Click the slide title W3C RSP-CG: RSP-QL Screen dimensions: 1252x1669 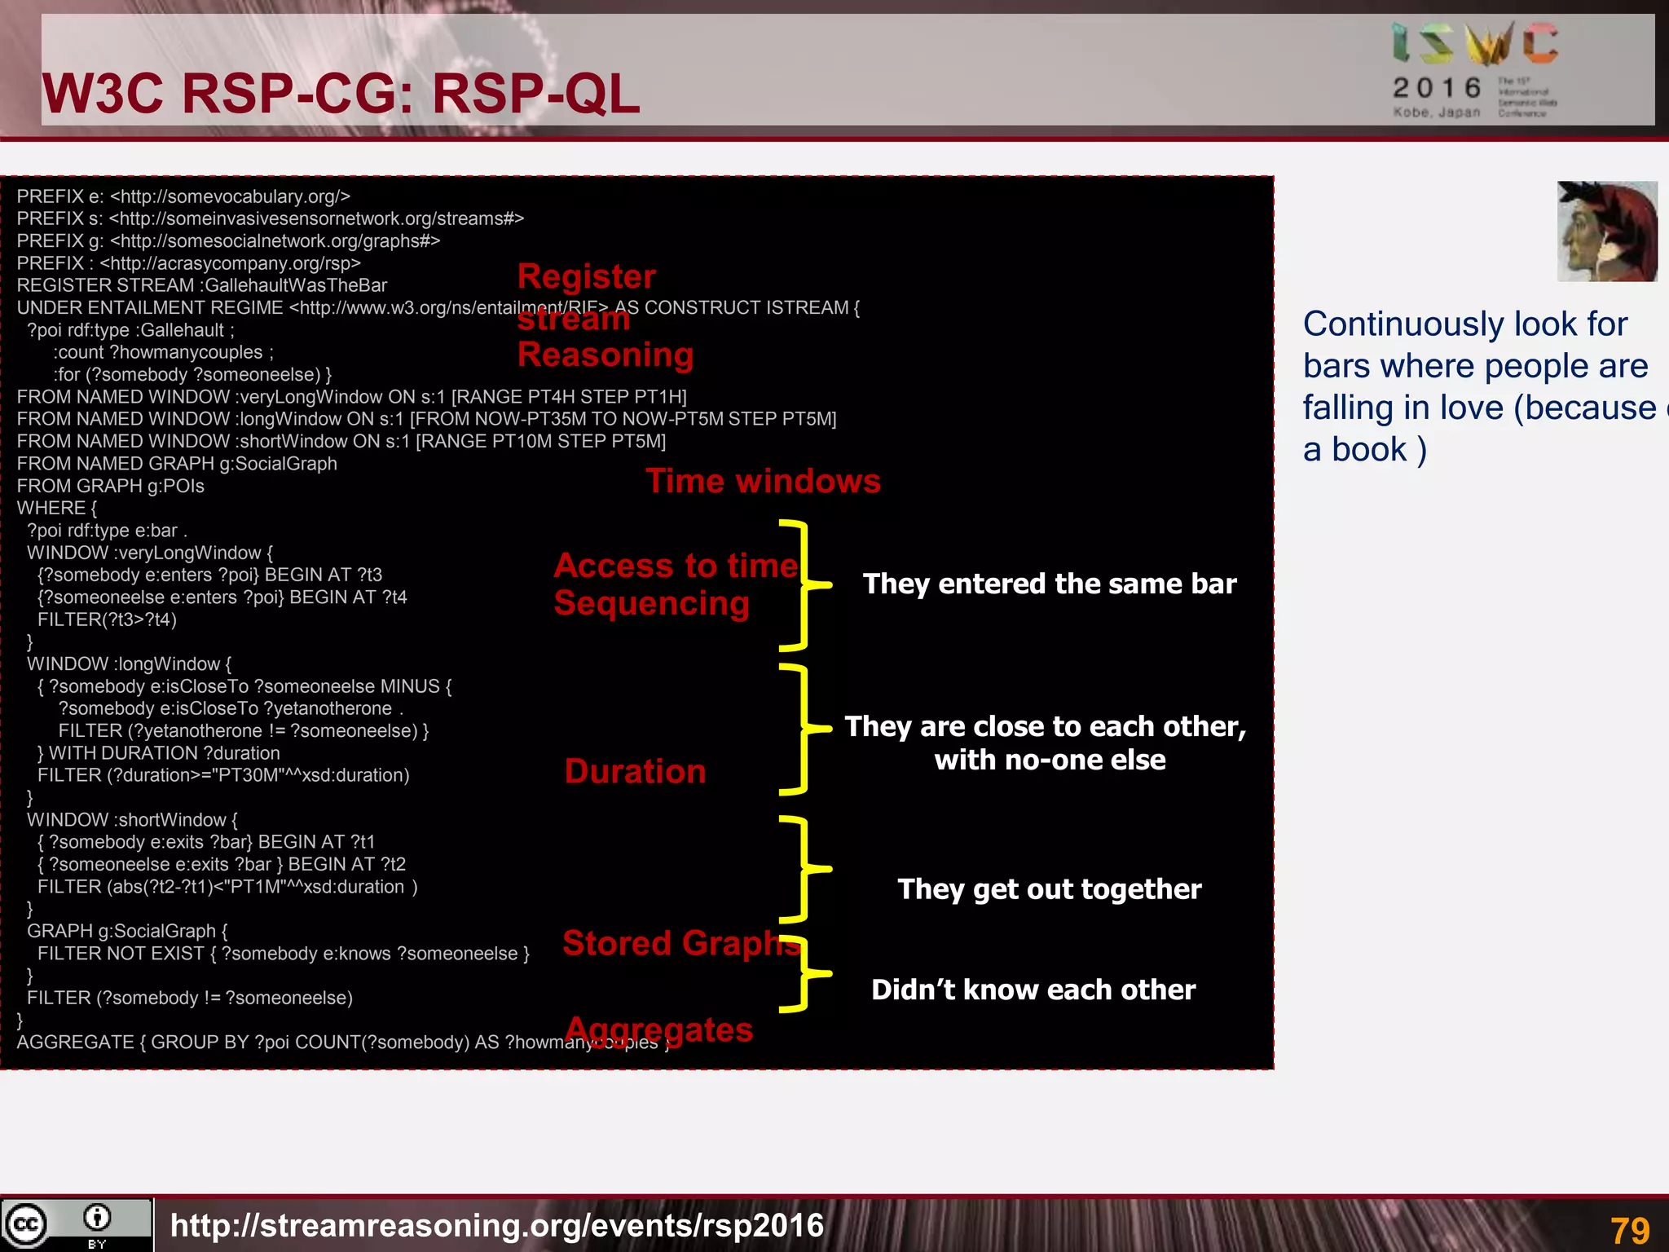click(x=341, y=94)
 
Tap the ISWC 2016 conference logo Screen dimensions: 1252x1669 click(x=1475, y=69)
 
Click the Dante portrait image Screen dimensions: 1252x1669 click(x=1606, y=231)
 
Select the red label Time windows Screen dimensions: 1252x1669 click(x=763, y=481)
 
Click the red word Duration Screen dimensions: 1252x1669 click(x=635, y=771)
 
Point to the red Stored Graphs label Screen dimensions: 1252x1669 click(x=680, y=943)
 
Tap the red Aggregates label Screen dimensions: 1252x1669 click(x=659, y=1030)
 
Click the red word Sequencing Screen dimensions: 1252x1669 click(x=651, y=604)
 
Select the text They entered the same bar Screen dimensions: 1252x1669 click(x=1049, y=584)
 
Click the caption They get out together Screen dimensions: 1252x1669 click(x=1049, y=888)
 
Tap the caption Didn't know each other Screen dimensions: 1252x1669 click(x=1033, y=990)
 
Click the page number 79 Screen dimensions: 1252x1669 click(x=1629, y=1230)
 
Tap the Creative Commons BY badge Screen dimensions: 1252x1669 click(x=76, y=1224)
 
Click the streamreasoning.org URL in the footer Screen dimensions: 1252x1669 click(x=497, y=1225)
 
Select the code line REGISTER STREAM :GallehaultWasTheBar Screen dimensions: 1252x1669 click(x=201, y=285)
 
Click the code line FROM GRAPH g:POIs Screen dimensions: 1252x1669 click(x=110, y=486)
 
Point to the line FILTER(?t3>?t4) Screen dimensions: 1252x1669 click(x=107, y=619)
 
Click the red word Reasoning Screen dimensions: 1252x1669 click(x=605, y=355)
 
